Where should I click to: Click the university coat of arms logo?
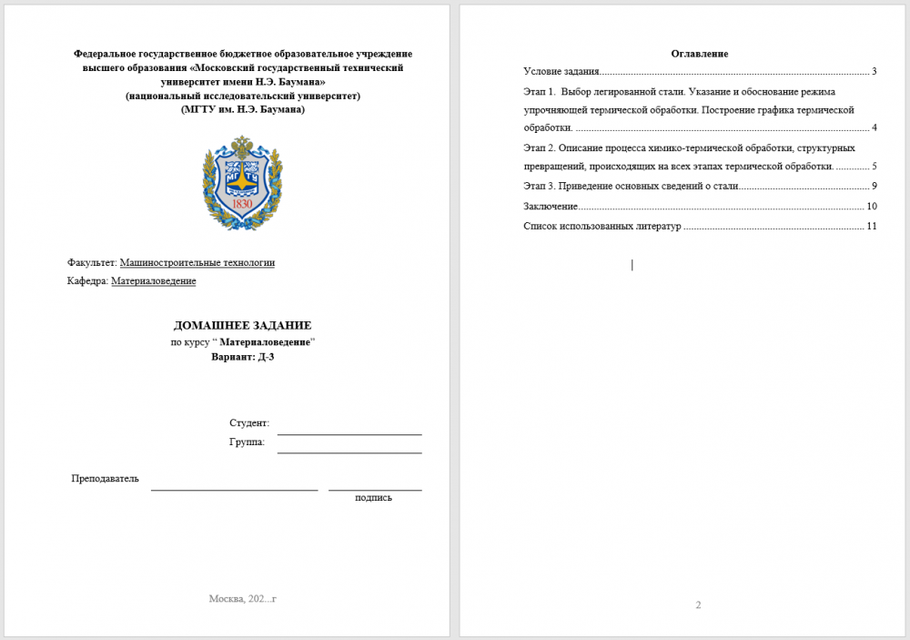[x=242, y=182]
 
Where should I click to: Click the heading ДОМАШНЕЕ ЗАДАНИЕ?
[x=242, y=325]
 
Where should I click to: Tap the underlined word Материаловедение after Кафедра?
[x=153, y=281]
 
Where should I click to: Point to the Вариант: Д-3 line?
[x=242, y=357]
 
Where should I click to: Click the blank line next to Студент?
[x=349, y=428]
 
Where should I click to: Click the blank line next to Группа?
[x=349, y=446]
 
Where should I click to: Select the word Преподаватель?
[x=105, y=479]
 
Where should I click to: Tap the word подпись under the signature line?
[x=373, y=497]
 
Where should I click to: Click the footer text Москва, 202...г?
[x=242, y=598]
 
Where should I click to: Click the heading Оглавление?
[x=699, y=54]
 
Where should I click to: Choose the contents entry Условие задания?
[x=561, y=71]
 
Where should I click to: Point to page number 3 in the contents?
[x=874, y=71]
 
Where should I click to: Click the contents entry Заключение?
[x=551, y=206]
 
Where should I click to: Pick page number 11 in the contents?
[x=871, y=226]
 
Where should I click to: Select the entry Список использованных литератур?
[x=602, y=226]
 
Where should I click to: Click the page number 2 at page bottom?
[x=698, y=605]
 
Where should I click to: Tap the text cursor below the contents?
[x=632, y=265]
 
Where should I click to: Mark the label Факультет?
[x=92, y=263]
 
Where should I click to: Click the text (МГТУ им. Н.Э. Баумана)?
[x=243, y=109]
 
